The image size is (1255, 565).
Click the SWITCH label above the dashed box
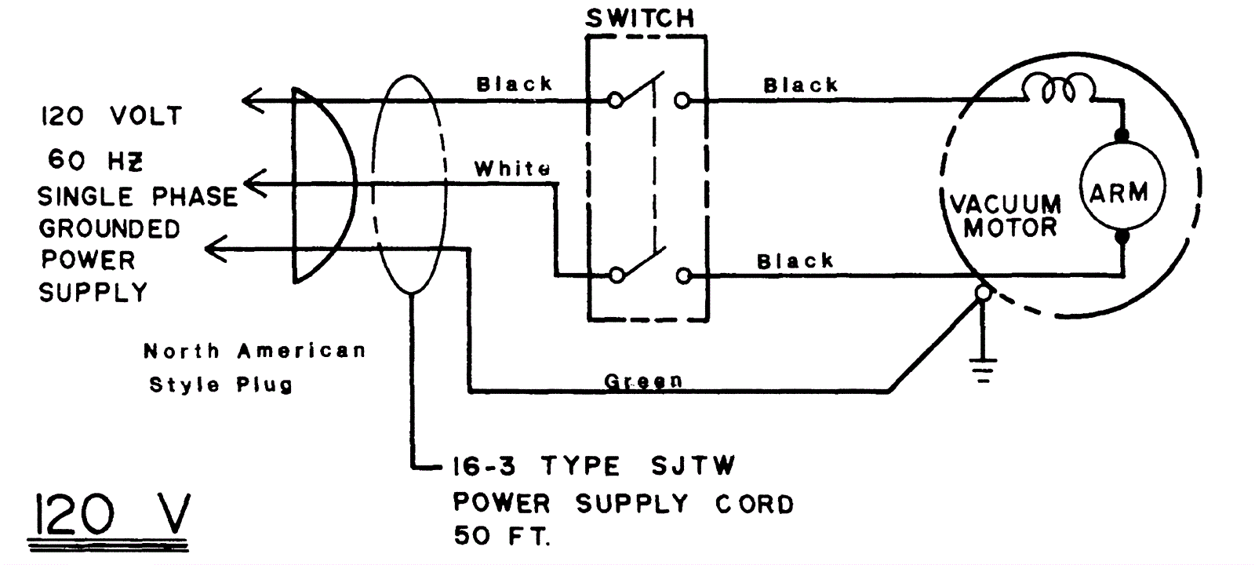click(640, 18)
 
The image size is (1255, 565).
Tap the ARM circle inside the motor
click(1122, 191)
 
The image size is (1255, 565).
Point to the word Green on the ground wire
click(643, 381)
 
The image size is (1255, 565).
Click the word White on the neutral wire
click(512, 168)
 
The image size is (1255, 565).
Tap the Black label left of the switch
click(515, 83)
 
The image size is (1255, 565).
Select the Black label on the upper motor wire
click(801, 84)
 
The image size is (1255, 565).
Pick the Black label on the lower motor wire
click(795, 261)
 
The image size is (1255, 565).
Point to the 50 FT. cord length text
click(502, 536)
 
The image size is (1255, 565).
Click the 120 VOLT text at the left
click(111, 117)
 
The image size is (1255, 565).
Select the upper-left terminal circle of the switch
click(616, 100)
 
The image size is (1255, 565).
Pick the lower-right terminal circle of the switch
click(684, 275)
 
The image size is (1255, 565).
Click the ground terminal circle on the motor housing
click(981, 293)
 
